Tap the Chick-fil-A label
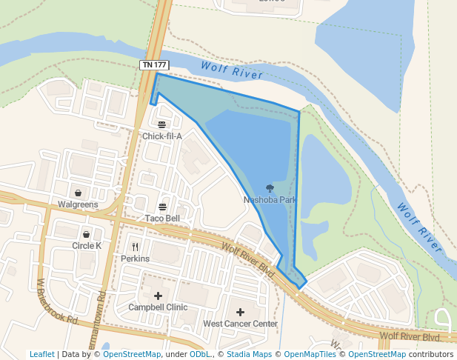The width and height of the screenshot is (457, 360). coord(161,136)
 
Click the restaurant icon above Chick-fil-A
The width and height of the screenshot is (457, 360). coord(161,124)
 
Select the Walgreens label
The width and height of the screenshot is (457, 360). coord(78,204)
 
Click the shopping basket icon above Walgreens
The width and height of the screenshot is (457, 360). coord(78,193)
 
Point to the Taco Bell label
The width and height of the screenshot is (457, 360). coord(162,219)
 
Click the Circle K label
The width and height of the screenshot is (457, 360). coord(86,246)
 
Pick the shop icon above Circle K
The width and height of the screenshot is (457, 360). coord(86,234)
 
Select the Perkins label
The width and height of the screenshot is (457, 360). coord(135,259)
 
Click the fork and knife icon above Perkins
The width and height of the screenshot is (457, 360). coord(135,247)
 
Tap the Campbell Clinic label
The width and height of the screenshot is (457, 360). coord(158,307)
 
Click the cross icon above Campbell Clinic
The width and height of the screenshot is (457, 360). coord(158,296)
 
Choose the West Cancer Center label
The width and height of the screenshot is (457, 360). coord(240,324)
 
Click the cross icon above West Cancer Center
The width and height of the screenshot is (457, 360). coord(240,312)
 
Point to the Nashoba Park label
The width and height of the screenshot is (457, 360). coord(270,200)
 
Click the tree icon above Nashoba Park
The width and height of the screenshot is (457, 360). coord(270,188)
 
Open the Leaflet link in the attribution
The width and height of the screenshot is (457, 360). coord(41,355)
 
